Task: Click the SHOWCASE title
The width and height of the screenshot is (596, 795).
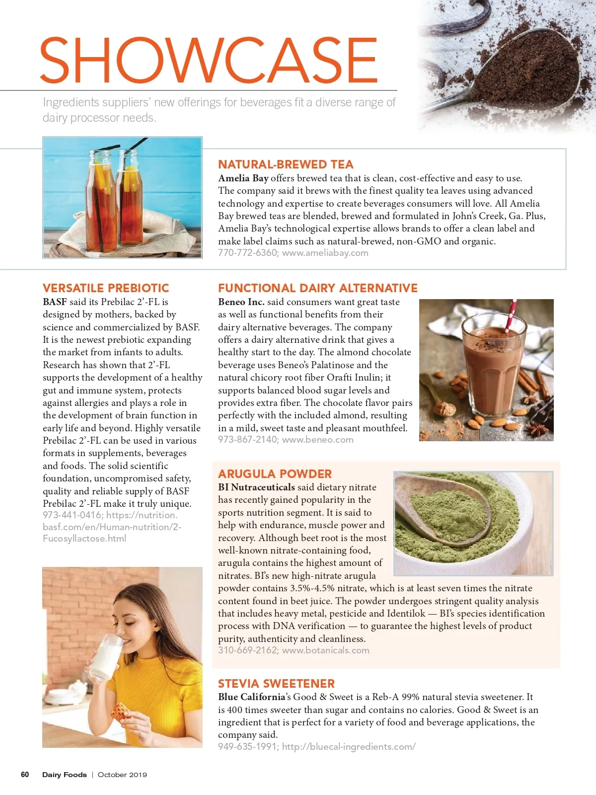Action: (209, 60)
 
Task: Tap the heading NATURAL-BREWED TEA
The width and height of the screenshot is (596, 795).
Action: (286, 164)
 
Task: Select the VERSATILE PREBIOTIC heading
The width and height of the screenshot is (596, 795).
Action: (106, 288)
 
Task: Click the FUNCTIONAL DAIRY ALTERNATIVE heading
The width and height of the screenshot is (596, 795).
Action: (318, 288)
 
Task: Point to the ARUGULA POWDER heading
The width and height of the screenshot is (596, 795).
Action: (275, 474)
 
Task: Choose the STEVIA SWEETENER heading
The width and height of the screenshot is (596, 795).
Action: (276, 684)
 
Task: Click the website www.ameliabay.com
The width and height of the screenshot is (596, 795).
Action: (325, 253)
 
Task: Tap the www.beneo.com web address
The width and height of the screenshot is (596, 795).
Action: (318, 440)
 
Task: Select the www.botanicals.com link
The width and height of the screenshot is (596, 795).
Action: (326, 650)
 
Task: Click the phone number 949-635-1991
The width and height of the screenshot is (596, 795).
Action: (247, 747)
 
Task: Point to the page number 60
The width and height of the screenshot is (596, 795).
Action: (25, 775)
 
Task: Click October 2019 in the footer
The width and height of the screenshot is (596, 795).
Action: (122, 775)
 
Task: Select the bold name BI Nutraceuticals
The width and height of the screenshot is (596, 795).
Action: (256, 487)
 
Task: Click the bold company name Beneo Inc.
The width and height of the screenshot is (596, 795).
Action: (241, 302)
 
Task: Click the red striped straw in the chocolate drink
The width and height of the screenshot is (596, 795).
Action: (510, 315)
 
